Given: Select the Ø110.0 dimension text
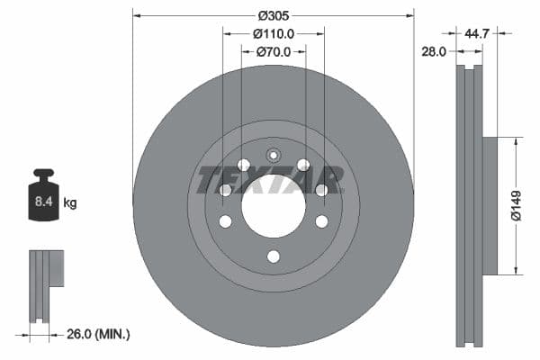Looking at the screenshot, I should coord(274,33).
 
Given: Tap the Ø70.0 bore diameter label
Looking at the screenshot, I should coord(274,52).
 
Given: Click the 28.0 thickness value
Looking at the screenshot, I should coord(434,52).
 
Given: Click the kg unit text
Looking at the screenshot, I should coord(70,202).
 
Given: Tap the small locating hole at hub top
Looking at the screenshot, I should coord(274,151).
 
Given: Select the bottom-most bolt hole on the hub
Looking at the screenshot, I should coord(274,256).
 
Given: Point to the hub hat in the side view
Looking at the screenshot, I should coord(490,205).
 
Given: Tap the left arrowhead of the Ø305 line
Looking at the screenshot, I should coord(137,15).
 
